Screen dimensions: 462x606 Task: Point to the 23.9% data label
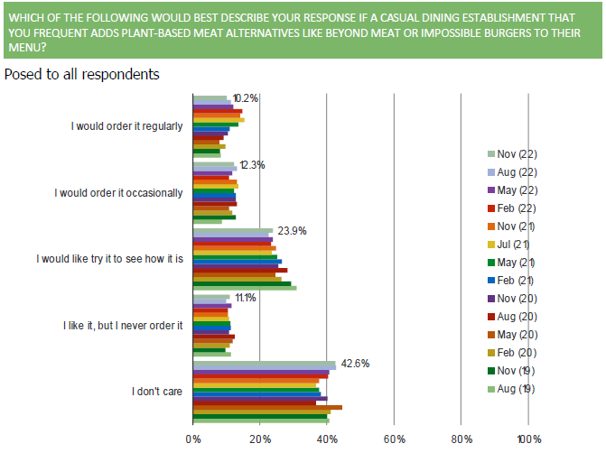pyautogui.click(x=290, y=231)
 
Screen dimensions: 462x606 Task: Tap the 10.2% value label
pyautogui.click(x=246, y=98)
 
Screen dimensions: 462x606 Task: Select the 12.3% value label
pyautogui.click(x=252, y=164)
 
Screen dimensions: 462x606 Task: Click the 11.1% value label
pyautogui.click(x=246, y=297)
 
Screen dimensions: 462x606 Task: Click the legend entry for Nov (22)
pyautogui.click(x=517, y=154)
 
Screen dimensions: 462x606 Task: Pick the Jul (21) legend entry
pyautogui.click(x=517, y=245)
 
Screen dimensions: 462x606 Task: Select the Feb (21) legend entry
pyautogui.click(x=517, y=280)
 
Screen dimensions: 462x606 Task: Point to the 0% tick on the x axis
pyautogui.click(x=193, y=439)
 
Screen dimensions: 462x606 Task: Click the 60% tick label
pyautogui.click(x=394, y=439)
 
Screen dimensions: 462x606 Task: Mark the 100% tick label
pyautogui.click(x=528, y=439)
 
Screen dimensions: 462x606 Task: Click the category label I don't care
pyautogui.click(x=157, y=391)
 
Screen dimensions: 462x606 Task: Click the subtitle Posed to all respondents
pyautogui.click(x=82, y=74)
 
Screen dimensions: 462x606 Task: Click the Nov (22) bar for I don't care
pyautogui.click(x=265, y=365)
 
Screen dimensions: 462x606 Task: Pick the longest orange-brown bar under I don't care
pyautogui.click(x=267, y=408)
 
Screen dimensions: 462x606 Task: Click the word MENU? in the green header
pyautogui.click(x=27, y=47)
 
